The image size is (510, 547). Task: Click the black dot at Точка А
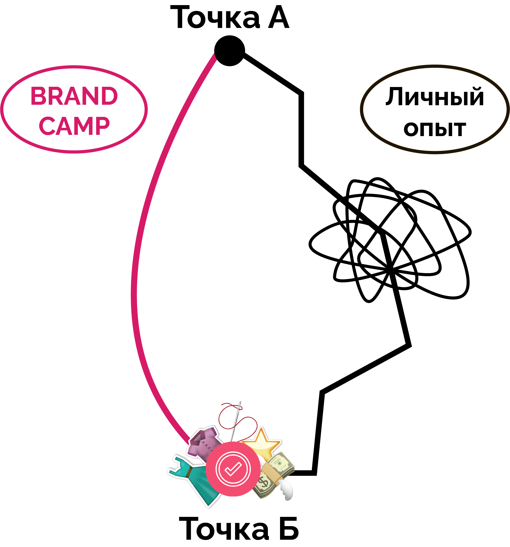[229, 51]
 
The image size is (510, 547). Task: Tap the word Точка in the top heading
[215, 18]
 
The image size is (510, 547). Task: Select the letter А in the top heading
[278, 18]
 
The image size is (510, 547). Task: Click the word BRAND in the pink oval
[74, 96]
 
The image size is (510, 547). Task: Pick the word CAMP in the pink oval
[74, 126]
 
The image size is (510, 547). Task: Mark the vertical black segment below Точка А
[301, 129]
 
